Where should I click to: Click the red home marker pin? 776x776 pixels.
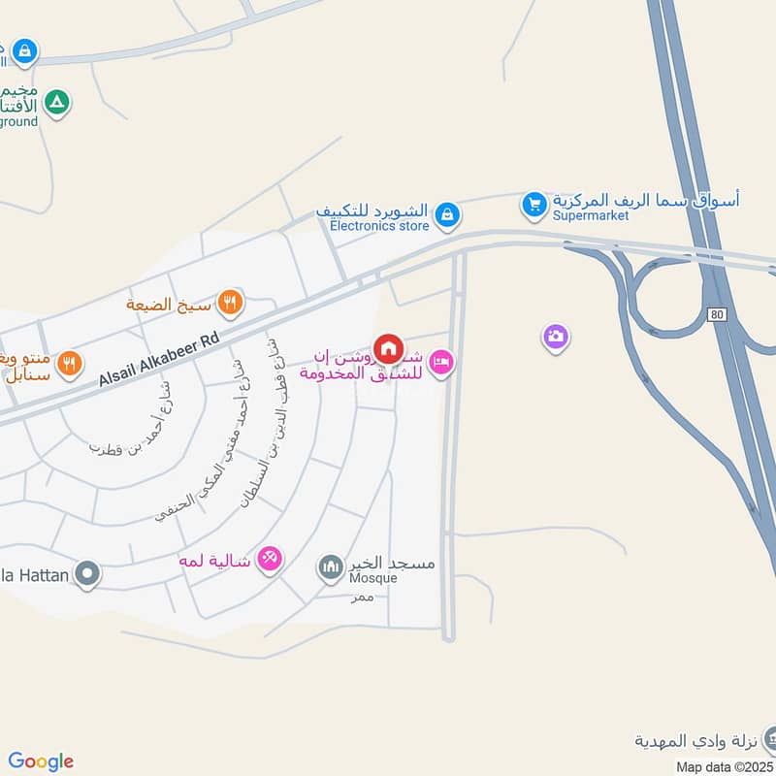pyautogui.click(x=388, y=348)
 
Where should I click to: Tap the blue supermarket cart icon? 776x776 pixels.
pyautogui.click(x=533, y=205)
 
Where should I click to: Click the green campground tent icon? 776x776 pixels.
pyautogui.click(x=57, y=102)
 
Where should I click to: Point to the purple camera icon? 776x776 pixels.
pyautogui.click(x=556, y=337)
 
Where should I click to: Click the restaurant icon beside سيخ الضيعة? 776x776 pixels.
pyautogui.click(x=230, y=302)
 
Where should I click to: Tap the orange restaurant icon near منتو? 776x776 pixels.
pyautogui.click(x=69, y=364)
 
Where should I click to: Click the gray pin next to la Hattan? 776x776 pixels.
pyautogui.click(x=87, y=575)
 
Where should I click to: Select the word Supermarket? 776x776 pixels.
pyautogui.click(x=591, y=215)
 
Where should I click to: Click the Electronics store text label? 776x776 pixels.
pyautogui.click(x=379, y=226)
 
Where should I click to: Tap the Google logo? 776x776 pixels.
pyautogui.click(x=41, y=761)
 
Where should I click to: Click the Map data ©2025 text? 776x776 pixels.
pyautogui.click(x=726, y=766)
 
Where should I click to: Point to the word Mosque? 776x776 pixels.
pyautogui.click(x=373, y=578)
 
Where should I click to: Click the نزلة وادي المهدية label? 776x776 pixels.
pyautogui.click(x=695, y=742)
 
